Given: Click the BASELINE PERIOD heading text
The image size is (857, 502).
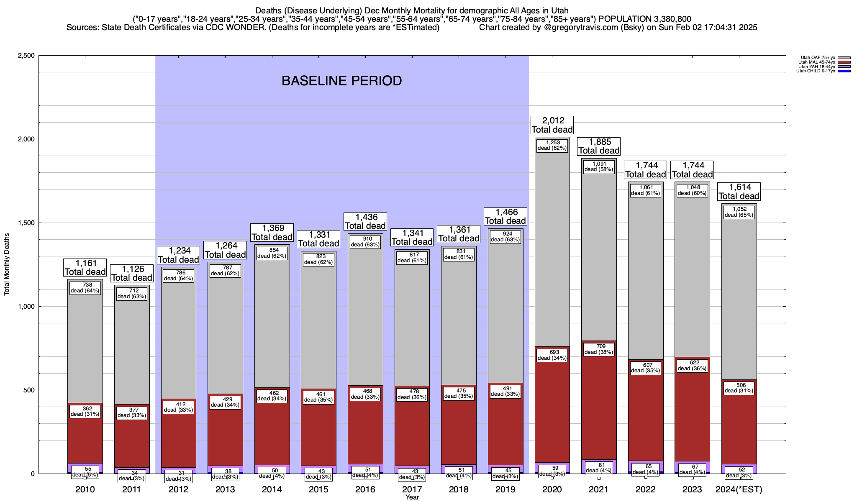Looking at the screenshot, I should coord(341,81).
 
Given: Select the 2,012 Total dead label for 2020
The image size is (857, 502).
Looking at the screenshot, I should coord(552,125).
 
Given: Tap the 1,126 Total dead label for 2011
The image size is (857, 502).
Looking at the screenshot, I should coord(132,273).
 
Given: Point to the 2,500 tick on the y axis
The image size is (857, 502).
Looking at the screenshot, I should coord(26,56).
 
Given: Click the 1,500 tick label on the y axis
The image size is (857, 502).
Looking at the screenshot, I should coord(26,223).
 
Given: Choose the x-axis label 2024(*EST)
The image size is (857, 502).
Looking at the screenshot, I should coord(739,489).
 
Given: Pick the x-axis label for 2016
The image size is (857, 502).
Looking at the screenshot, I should coord(365,489).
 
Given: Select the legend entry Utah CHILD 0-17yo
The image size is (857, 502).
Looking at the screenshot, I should coord(816,71).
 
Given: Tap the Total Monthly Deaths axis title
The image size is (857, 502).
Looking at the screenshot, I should coord(7,264).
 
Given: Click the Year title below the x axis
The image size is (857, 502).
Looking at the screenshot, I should coord(412,497).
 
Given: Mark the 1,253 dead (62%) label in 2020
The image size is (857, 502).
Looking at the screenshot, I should coord(552,145).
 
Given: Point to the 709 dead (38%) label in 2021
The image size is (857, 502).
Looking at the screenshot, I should coord(598,349).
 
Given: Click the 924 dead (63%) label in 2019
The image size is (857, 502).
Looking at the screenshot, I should coord(505,237).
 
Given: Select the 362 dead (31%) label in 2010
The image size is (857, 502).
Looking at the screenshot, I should coord(85,411).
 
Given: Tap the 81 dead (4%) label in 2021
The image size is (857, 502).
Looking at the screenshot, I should coord(598,468).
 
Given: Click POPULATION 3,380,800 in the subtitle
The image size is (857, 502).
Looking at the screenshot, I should coord(645,19).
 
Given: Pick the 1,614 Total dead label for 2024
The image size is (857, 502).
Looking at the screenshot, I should coord(739,192).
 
